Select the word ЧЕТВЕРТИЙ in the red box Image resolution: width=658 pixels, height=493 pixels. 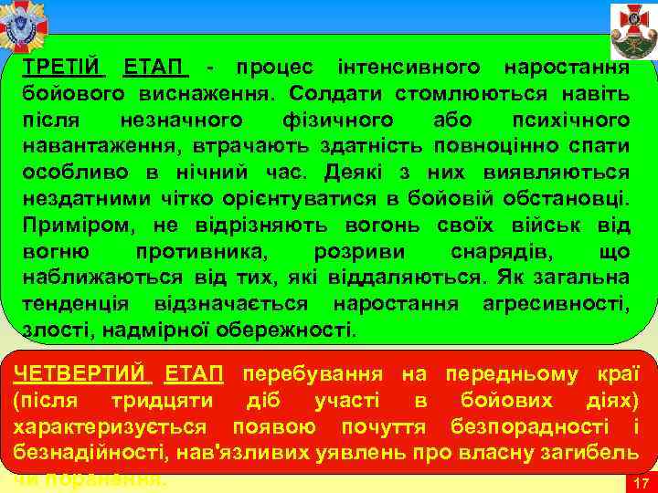point(80,373)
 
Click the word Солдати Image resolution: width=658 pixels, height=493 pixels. point(327,93)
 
